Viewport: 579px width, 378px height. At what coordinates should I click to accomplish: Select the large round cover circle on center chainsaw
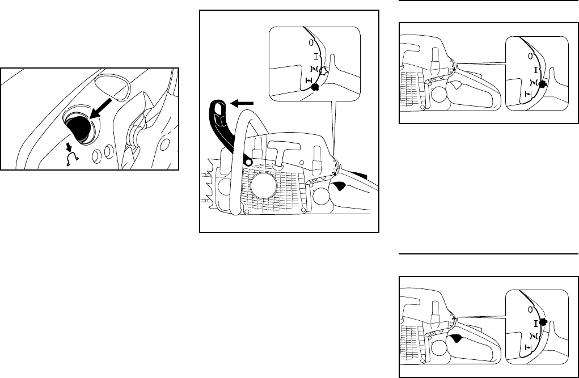coord(265,186)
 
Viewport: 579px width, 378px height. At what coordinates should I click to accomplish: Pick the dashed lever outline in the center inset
coord(323,71)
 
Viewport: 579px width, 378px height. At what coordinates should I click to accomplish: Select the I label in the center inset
coord(316,56)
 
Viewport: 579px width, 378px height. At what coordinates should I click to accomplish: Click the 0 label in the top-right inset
coord(530,56)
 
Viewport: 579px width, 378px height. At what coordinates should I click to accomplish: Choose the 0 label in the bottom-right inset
coord(530,310)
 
